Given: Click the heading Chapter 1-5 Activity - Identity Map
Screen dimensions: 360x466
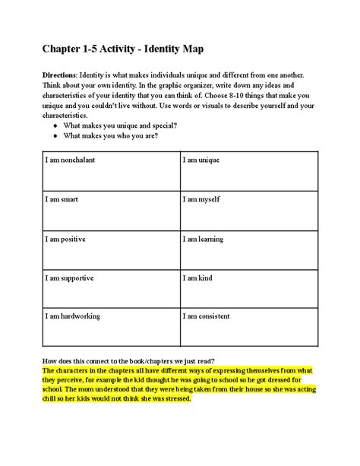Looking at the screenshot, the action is (x=122, y=50).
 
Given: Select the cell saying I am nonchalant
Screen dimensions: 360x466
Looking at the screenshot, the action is (x=111, y=170).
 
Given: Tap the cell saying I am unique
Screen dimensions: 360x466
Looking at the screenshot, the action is (x=249, y=170).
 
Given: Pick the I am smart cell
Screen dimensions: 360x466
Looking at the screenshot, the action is (x=111, y=210).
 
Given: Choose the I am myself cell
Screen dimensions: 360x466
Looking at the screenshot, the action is (x=249, y=210).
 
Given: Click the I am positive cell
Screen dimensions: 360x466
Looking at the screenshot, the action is (x=111, y=249).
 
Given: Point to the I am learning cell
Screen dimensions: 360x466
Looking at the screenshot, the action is (x=249, y=249).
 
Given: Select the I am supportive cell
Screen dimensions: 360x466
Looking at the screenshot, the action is (x=111, y=289).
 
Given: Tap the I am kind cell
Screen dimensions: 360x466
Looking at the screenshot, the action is (x=249, y=289).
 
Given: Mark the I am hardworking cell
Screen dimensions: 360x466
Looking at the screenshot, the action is (x=111, y=328).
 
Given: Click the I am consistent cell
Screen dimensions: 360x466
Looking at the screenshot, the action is (x=249, y=328).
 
